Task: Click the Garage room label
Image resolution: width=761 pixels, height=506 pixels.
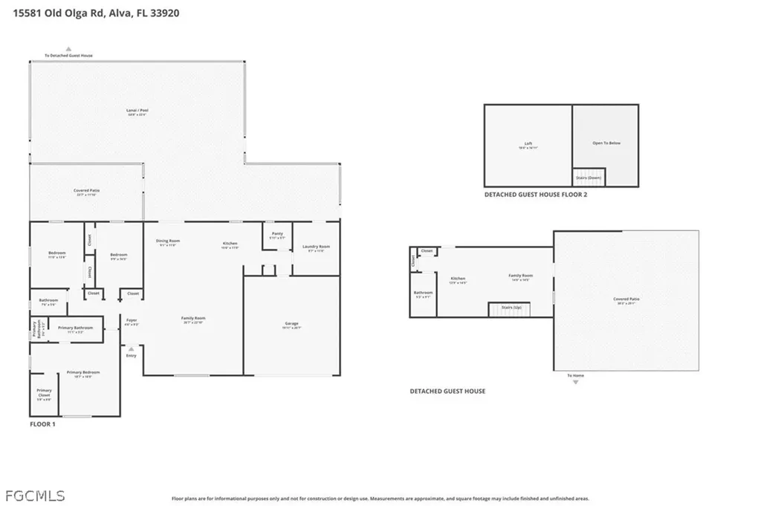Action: tap(291, 324)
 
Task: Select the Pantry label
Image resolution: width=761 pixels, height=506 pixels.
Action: tap(277, 235)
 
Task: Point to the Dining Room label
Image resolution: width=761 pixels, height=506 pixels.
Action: tap(168, 241)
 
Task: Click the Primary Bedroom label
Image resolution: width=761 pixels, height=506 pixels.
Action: tap(82, 374)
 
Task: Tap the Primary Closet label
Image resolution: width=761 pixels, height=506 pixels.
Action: tap(45, 394)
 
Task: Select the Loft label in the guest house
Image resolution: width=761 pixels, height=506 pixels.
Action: tap(528, 145)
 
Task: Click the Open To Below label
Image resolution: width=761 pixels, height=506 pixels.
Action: tap(606, 143)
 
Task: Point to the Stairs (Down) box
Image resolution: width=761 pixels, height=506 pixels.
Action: tap(589, 178)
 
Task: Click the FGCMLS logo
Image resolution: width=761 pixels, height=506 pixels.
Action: tap(34, 495)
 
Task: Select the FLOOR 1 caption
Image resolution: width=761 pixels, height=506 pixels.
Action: tap(42, 424)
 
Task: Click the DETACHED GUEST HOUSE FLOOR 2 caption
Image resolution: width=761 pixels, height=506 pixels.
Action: tap(535, 195)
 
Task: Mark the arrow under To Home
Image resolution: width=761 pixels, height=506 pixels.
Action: tap(575, 382)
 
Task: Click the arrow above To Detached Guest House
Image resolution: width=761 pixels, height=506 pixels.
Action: tap(68, 49)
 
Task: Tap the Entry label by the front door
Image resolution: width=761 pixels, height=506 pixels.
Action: tap(132, 355)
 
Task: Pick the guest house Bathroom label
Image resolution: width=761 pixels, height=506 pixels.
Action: tap(423, 293)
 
